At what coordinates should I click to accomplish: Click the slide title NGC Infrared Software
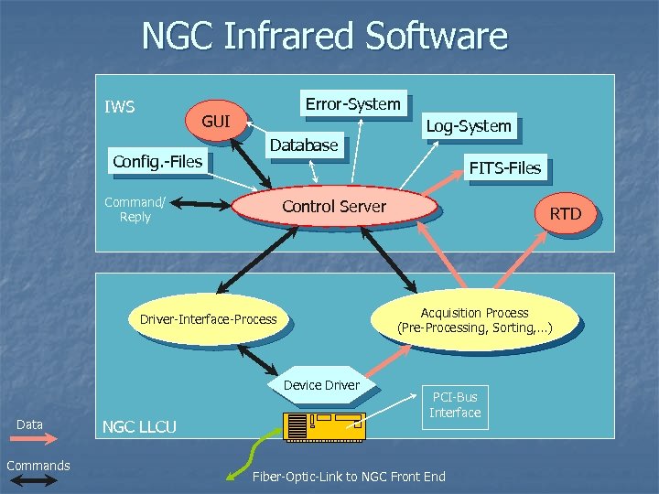(x=324, y=37)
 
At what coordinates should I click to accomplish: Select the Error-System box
(x=352, y=104)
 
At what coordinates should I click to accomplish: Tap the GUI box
(x=216, y=122)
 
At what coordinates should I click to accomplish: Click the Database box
(x=303, y=145)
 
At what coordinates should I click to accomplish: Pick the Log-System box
(x=469, y=126)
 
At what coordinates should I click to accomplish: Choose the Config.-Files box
(x=157, y=162)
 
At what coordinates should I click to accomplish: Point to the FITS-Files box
(x=504, y=167)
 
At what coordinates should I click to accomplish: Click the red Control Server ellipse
(x=334, y=207)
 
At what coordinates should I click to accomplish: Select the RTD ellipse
(x=565, y=214)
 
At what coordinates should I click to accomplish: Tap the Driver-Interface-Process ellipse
(x=208, y=319)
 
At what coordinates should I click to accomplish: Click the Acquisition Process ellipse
(x=474, y=320)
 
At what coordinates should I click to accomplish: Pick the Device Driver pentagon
(x=321, y=385)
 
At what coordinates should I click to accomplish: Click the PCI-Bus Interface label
(x=455, y=403)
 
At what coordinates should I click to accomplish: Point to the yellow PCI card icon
(x=324, y=425)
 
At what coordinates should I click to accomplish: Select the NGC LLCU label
(x=139, y=426)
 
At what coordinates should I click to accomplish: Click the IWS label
(x=120, y=107)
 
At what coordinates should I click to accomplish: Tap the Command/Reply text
(x=135, y=209)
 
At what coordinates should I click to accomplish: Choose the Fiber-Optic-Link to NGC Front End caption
(x=349, y=477)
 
